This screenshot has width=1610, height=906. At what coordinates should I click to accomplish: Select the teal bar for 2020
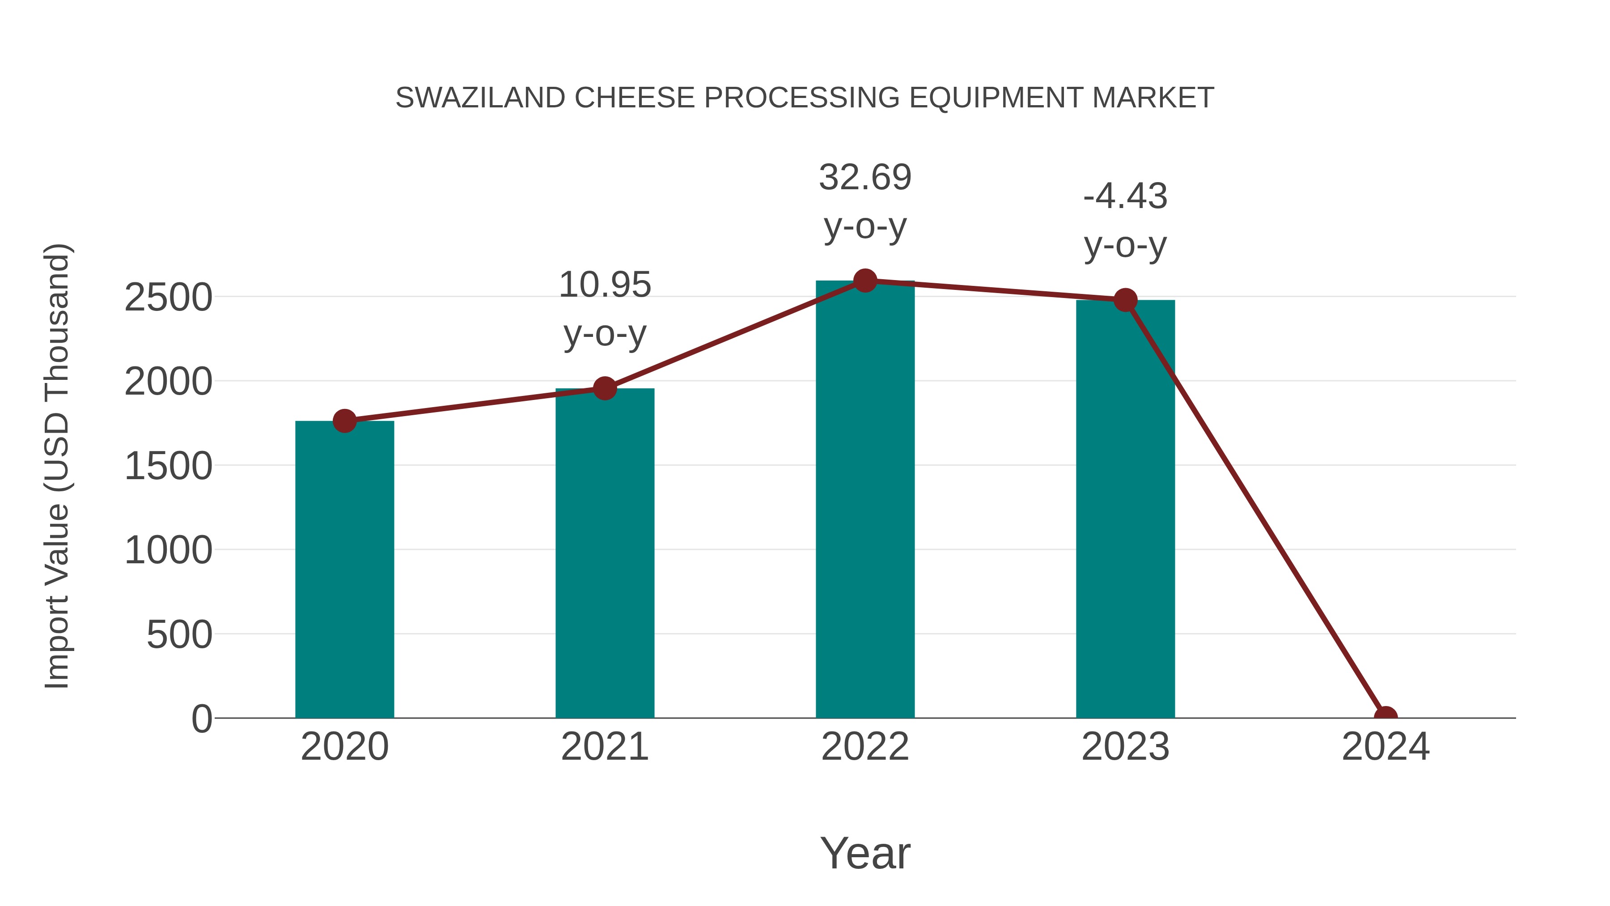[344, 569]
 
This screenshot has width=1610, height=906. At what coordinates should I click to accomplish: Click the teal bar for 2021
[604, 553]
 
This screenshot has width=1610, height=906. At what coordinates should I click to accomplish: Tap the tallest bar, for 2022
[864, 500]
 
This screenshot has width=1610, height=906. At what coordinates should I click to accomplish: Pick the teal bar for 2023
[1125, 510]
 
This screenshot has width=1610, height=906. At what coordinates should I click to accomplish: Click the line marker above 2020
[344, 421]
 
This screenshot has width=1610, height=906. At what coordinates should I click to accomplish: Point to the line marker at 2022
[864, 281]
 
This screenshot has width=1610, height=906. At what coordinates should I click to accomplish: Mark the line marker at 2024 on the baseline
[1385, 717]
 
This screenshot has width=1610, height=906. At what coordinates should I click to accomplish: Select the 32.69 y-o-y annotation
[864, 201]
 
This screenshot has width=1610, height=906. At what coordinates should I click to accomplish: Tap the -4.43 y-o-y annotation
[1125, 220]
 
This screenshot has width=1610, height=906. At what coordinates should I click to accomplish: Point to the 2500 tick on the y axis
[168, 298]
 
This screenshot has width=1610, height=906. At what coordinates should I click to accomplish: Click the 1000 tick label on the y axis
[168, 551]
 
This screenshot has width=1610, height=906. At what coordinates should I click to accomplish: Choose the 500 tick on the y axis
[179, 635]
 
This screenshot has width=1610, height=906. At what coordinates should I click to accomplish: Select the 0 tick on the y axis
[201, 719]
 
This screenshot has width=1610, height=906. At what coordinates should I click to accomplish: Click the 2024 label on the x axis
[1385, 747]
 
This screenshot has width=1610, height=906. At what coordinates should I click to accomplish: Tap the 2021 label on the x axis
[604, 747]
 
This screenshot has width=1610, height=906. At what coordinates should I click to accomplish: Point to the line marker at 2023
[1125, 300]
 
